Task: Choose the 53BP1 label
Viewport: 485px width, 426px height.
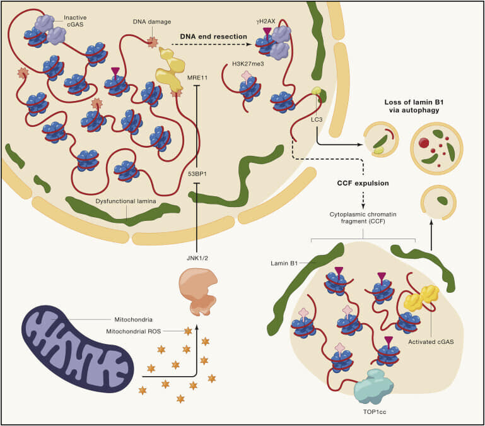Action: [198, 172]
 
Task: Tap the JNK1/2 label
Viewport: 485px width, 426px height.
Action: [198, 240]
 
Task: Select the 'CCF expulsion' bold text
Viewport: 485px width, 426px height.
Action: [361, 184]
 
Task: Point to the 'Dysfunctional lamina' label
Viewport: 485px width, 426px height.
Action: [127, 201]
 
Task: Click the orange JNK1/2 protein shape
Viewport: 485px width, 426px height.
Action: [199, 287]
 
